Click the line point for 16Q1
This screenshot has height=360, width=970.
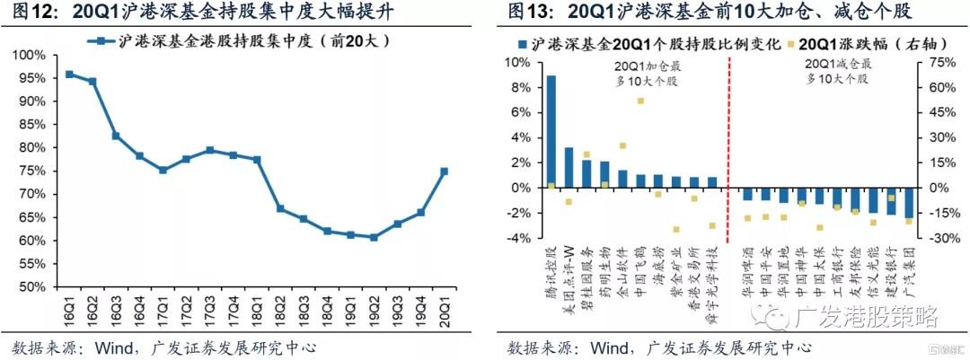coord(69,75)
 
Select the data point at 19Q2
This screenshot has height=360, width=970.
coord(373,238)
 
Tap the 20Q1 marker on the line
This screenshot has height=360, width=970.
coord(445,171)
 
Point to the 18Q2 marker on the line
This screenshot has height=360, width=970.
coord(280,208)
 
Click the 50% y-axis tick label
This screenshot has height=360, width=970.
coord(32,287)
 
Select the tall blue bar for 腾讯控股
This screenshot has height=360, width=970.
coord(551,132)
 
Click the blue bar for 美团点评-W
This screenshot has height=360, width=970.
coord(569,168)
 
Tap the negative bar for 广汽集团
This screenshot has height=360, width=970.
coord(908,203)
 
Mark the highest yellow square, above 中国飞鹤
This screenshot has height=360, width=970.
coord(640,101)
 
